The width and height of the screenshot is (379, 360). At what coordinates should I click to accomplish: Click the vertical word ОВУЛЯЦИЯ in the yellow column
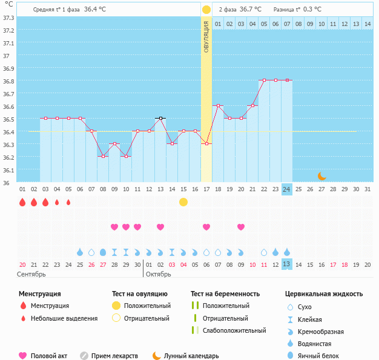pyautogui.click(x=206, y=37)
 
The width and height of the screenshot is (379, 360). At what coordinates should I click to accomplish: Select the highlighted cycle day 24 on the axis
pyautogui.click(x=286, y=189)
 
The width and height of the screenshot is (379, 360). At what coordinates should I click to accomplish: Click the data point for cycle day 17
pyautogui.click(x=206, y=143)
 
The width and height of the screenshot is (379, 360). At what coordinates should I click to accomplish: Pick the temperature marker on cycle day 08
pyautogui.click(x=103, y=156)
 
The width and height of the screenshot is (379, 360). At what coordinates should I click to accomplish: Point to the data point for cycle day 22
pyautogui.click(x=263, y=80)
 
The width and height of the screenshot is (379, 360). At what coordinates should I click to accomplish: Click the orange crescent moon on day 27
pyautogui.click(x=321, y=176)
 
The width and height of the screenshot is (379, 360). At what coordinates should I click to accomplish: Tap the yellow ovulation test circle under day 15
pyautogui.click(x=183, y=201)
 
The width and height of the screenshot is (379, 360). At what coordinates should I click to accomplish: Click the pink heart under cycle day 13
pyautogui.click(x=160, y=227)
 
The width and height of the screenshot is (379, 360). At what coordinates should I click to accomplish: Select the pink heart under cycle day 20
pyautogui.click(x=241, y=227)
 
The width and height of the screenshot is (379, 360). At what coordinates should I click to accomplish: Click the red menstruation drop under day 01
pyautogui.click(x=22, y=202)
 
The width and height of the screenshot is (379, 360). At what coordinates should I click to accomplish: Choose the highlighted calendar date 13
pyautogui.click(x=286, y=264)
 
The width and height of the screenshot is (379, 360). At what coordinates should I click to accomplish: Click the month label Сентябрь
pyautogui.click(x=31, y=273)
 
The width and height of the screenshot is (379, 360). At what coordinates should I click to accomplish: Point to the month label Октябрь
pyautogui.click(x=158, y=273)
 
